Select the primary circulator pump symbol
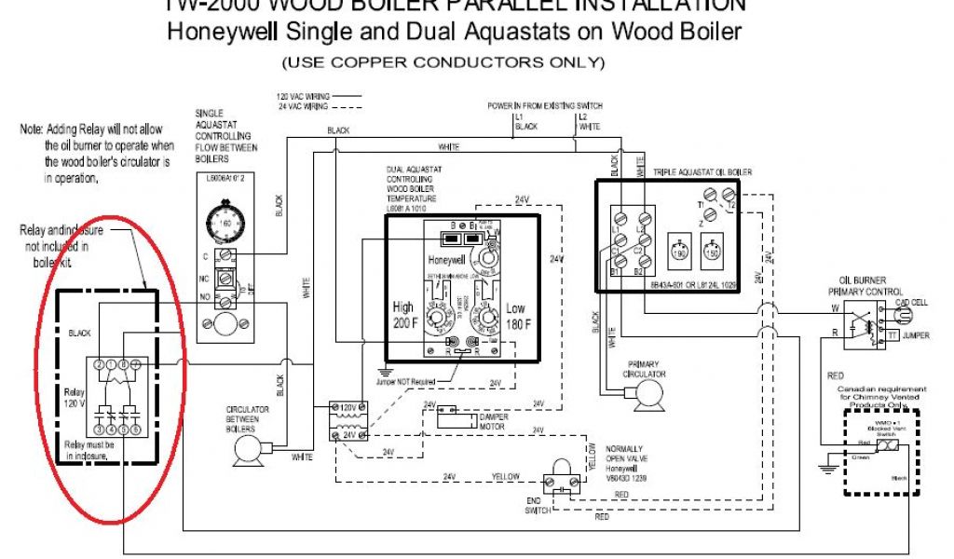pyautogui.click(x=643, y=398)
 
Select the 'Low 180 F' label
pyautogui.click(x=514, y=315)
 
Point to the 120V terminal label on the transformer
pyautogui.click(x=350, y=407)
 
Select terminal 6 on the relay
pyautogui.click(x=136, y=430)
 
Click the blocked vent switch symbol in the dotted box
pyautogui.click(x=887, y=448)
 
